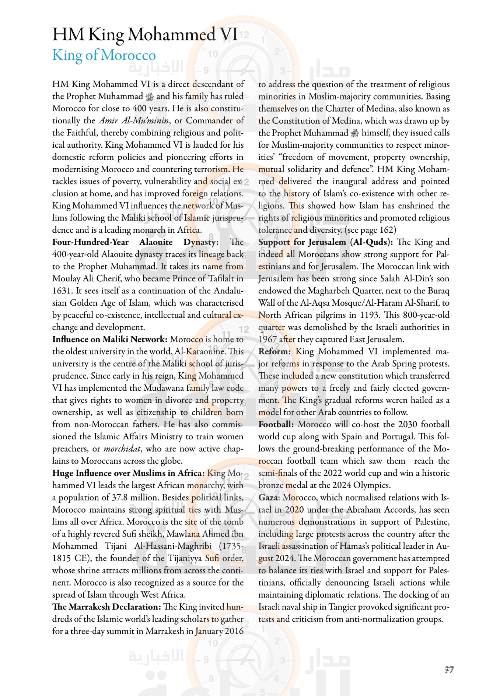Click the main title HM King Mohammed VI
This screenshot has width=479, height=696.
pos(145,35)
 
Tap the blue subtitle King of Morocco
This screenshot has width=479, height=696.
pos(104,55)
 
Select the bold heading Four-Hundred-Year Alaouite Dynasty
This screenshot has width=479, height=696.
pos(135,242)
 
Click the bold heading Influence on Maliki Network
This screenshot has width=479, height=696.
pos(110,339)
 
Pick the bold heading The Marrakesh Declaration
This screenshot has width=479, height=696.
pos(106,607)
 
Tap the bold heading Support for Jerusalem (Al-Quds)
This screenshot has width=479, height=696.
pos(325,242)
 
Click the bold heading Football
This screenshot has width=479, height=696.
pos(276,424)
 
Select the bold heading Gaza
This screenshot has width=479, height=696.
pos(268,497)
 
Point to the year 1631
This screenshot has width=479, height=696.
pos(61,291)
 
